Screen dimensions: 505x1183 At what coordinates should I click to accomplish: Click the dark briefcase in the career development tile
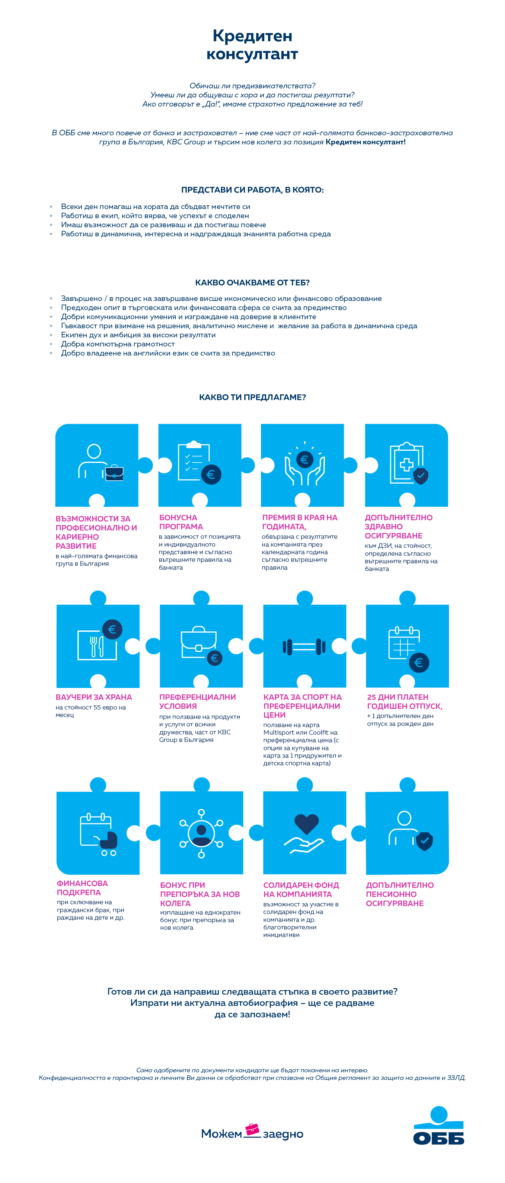(114, 473)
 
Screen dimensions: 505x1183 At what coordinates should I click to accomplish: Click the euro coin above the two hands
(304, 459)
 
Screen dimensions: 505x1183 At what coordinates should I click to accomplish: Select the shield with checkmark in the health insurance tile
(420, 476)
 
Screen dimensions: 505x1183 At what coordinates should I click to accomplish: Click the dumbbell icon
(304, 647)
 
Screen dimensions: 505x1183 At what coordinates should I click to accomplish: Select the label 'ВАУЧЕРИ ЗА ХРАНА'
(94, 697)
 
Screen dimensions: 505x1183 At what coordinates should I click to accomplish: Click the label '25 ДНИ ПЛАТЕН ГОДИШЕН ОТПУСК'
(404, 701)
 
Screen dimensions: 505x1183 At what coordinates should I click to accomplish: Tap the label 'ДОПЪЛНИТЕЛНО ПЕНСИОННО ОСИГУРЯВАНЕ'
(400, 894)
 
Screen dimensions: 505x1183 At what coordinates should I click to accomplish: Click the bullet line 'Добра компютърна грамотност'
(118, 344)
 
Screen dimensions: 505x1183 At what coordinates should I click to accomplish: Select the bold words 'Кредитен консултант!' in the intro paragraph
(366, 142)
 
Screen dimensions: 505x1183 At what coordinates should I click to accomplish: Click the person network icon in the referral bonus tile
(201, 834)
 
